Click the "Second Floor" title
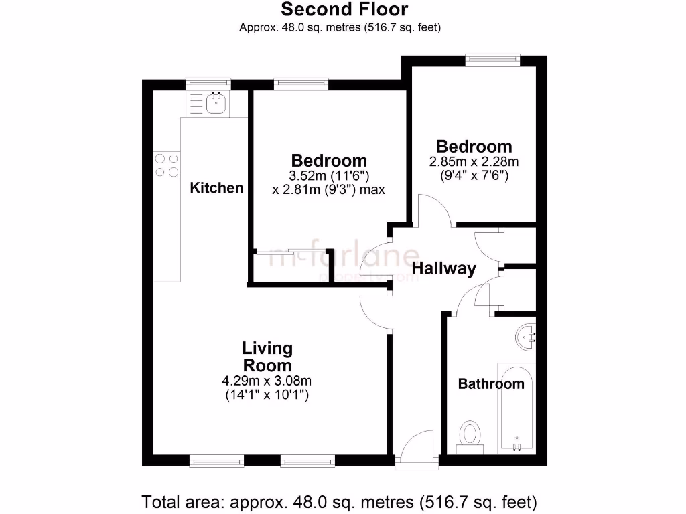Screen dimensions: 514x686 coord(344,9)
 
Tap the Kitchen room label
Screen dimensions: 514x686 coord(216,188)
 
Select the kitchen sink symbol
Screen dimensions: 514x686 coord(216,103)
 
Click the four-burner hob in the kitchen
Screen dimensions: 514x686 coord(167,165)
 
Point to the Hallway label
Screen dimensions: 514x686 coord(443,269)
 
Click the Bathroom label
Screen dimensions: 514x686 coord(490,384)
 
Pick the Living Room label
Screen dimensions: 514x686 coord(267,357)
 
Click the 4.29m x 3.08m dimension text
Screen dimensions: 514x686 coord(267,381)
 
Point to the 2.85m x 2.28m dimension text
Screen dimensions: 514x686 coord(474,162)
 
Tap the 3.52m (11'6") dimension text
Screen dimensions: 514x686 coord(329,176)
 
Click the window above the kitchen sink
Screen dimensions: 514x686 coord(208,84)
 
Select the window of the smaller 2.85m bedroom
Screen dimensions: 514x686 coord(493,60)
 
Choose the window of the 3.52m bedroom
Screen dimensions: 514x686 coord(301,84)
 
